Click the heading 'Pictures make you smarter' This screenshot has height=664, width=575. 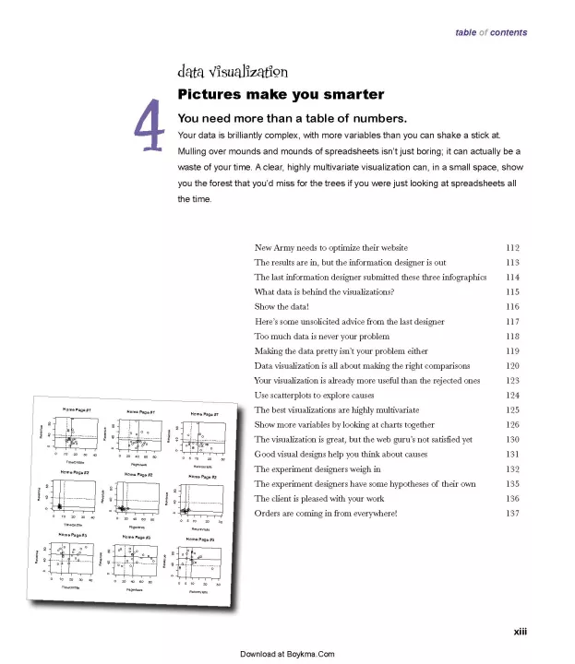[281, 95]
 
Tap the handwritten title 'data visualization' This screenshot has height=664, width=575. [233, 72]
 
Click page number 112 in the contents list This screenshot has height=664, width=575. [513, 248]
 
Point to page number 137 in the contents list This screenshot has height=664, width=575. [513, 513]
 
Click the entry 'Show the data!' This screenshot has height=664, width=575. [282, 307]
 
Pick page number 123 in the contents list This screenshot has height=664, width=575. [513, 380]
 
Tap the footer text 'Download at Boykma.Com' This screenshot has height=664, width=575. [287, 654]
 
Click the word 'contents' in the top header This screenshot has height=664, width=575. [509, 32]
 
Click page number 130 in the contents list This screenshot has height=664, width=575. [513, 439]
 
